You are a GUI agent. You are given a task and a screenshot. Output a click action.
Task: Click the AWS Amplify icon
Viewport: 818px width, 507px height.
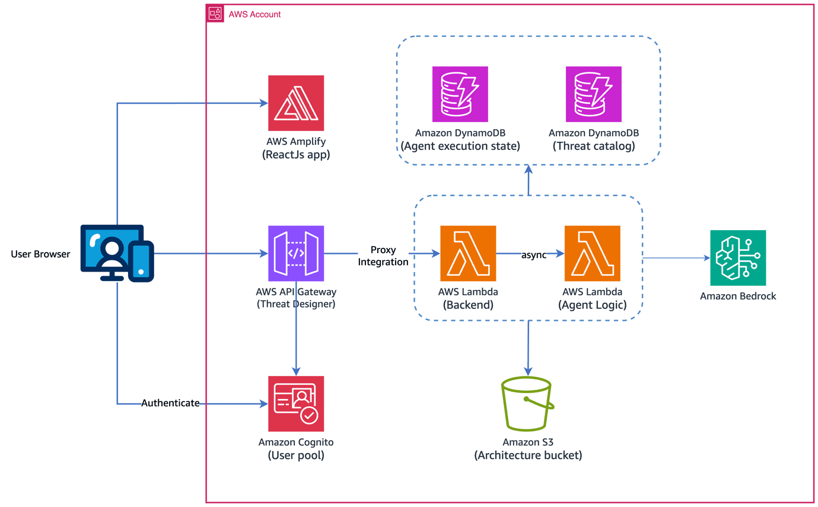[296, 103]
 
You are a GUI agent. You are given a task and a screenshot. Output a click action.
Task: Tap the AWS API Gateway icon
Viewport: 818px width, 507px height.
[296, 253]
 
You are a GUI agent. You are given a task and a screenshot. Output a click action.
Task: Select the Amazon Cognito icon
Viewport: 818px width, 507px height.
[296, 404]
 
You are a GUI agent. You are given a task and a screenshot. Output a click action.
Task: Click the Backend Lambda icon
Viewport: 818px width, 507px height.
[468, 253]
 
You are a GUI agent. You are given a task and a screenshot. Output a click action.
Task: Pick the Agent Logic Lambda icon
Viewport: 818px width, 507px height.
[593, 253]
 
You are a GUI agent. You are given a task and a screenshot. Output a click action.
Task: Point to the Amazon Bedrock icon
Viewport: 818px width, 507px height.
[738, 258]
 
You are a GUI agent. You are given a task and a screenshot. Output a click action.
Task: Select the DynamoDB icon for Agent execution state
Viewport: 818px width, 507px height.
[460, 94]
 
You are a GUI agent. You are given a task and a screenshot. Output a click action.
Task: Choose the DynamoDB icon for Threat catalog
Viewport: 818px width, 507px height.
[593, 94]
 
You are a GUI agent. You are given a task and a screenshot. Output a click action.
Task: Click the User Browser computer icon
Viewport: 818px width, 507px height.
[117, 253]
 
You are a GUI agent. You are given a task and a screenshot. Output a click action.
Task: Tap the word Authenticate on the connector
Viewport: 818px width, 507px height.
[170, 403]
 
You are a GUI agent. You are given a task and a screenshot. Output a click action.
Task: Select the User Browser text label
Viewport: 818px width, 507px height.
[40, 254]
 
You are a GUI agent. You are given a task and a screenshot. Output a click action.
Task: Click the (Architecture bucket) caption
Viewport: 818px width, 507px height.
[528, 456]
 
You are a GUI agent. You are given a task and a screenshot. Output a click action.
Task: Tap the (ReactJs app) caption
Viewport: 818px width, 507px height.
[296, 156]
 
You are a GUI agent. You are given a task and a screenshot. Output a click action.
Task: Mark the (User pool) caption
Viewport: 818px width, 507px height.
[296, 456]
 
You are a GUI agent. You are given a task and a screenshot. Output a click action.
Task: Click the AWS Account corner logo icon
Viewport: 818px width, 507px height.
[215, 14]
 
